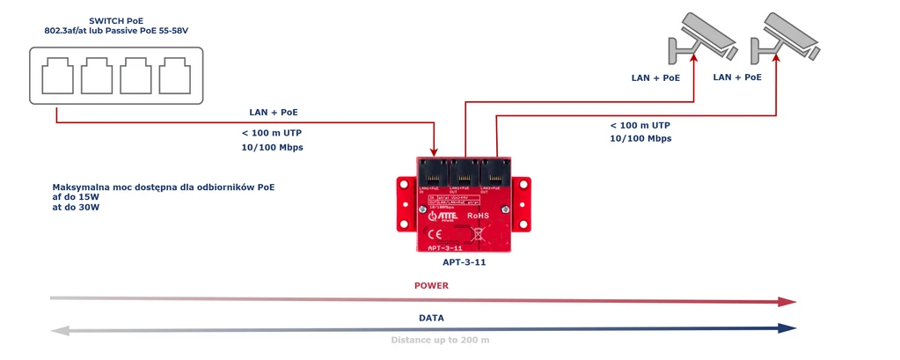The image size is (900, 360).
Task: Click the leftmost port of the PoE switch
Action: pos(58,76)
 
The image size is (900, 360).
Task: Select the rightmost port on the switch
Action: pos(173,76)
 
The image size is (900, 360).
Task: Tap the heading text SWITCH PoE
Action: pos(116,20)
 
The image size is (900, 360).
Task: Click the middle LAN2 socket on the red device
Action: pos(464,172)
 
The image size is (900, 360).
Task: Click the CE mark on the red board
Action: pos(435,234)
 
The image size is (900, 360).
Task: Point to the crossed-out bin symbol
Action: pos(479,234)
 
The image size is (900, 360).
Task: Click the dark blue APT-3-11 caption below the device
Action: pos(464,262)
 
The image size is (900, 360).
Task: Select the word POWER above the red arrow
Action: pos(431,286)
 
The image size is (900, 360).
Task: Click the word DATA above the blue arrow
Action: pos(431,318)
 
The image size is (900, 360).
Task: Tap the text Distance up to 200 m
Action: pos(440,340)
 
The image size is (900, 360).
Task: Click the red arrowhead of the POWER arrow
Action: pos(787,301)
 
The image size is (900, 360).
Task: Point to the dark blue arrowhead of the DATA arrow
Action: pos(787,328)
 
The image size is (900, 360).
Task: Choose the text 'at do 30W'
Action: pos(77,208)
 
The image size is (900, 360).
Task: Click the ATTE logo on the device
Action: pos(444,215)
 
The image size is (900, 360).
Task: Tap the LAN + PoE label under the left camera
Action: pos(655,78)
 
